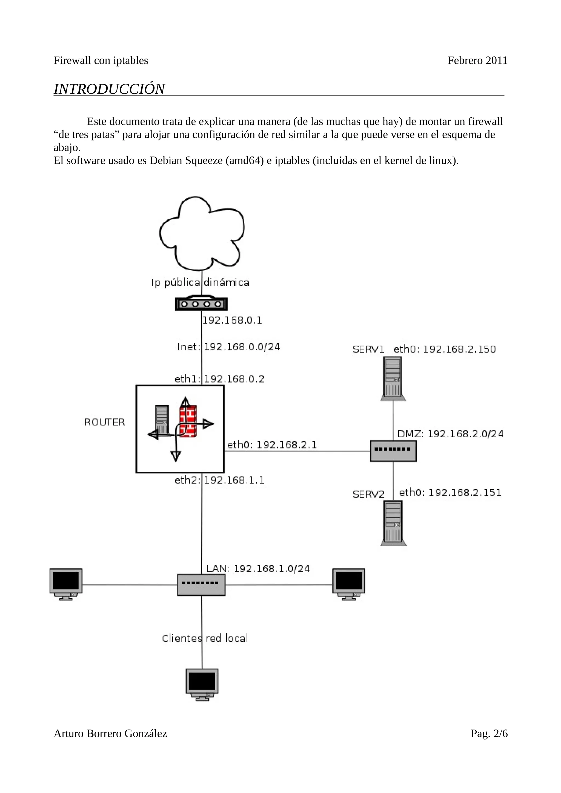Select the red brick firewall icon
coord(188,421)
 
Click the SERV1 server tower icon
coord(393,378)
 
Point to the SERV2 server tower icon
coord(393,523)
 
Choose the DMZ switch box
coord(393,451)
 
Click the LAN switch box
coord(201,585)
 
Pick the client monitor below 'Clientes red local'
coord(202,684)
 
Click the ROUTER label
coord(104,422)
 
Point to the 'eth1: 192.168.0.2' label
coord(219,379)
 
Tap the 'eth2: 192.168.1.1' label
coord(219,480)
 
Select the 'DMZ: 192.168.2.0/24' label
coord(450,434)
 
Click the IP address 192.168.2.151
coord(465,493)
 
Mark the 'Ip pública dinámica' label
coord(200,282)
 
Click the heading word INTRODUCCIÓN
coord(109,89)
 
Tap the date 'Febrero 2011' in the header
coord(477,60)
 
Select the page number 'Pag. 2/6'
coord(489,733)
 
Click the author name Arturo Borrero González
coord(110,733)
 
